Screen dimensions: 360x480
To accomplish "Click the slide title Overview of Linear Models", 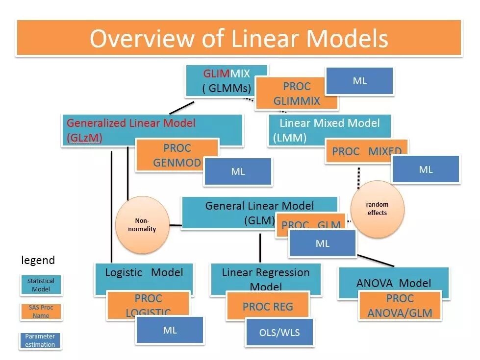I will tap(239, 38).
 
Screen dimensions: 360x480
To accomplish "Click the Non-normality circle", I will tap(142, 225).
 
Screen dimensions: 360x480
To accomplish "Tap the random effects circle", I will tap(377, 209).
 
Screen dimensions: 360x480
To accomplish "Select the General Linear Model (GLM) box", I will tap(230, 212).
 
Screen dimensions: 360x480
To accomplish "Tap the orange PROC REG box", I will tap(268, 306).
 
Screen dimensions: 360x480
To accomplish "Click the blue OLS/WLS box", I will tap(279, 333).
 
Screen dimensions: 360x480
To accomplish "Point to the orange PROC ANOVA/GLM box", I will tap(400, 306).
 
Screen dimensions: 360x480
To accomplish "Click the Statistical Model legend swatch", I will tap(41, 285).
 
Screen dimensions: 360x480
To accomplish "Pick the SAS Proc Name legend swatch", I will tap(41, 312).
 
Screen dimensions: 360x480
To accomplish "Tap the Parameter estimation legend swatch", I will tap(40, 340).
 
